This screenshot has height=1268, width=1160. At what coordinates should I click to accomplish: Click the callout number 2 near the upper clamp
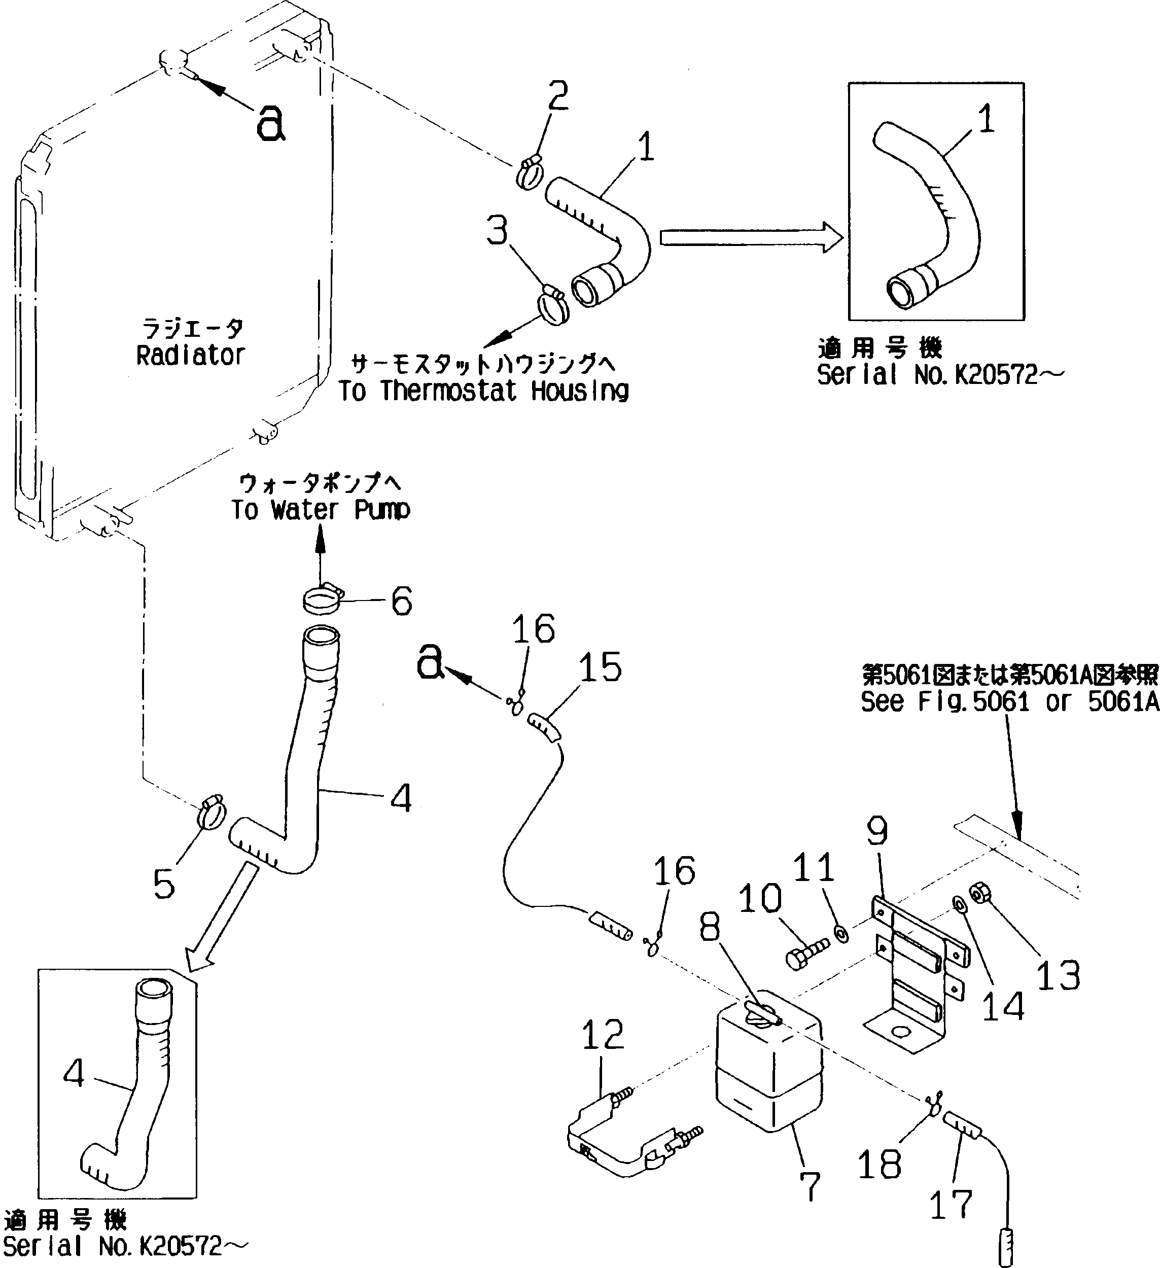tap(557, 96)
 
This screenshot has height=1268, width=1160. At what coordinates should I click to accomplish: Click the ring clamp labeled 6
tap(322, 597)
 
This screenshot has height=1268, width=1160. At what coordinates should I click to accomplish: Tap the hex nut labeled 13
tap(980, 894)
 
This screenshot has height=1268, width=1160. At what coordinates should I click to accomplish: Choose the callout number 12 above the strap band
tap(603, 1035)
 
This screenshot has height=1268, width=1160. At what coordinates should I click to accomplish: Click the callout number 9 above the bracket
tap(877, 831)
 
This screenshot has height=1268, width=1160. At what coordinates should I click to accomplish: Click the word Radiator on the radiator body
tap(190, 356)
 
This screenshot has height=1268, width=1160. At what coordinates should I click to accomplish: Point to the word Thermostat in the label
tap(448, 391)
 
